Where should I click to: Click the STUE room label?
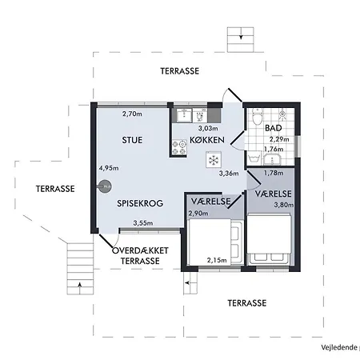pos(132,140)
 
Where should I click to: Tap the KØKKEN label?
pos(207,140)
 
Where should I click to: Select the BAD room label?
pos(274,128)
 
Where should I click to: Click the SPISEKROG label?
pos(140,203)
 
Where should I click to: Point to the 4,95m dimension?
pos(109,168)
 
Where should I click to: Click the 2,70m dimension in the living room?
pos(132,114)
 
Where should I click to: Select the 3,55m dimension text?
pos(143,223)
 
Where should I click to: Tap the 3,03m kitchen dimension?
pos(208,128)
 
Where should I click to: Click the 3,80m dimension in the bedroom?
pos(284,205)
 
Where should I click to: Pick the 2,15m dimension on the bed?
pos(217,260)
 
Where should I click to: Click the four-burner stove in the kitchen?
pos(179,148)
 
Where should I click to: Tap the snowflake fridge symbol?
pos(214,160)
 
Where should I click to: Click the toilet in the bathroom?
pos(258,117)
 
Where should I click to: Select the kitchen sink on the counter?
pos(184,115)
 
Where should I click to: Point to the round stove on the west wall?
pos(105,186)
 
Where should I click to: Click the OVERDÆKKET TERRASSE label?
pos(140,256)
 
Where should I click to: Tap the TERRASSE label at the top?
pos(180,71)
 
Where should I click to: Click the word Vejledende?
pos(339,347)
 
